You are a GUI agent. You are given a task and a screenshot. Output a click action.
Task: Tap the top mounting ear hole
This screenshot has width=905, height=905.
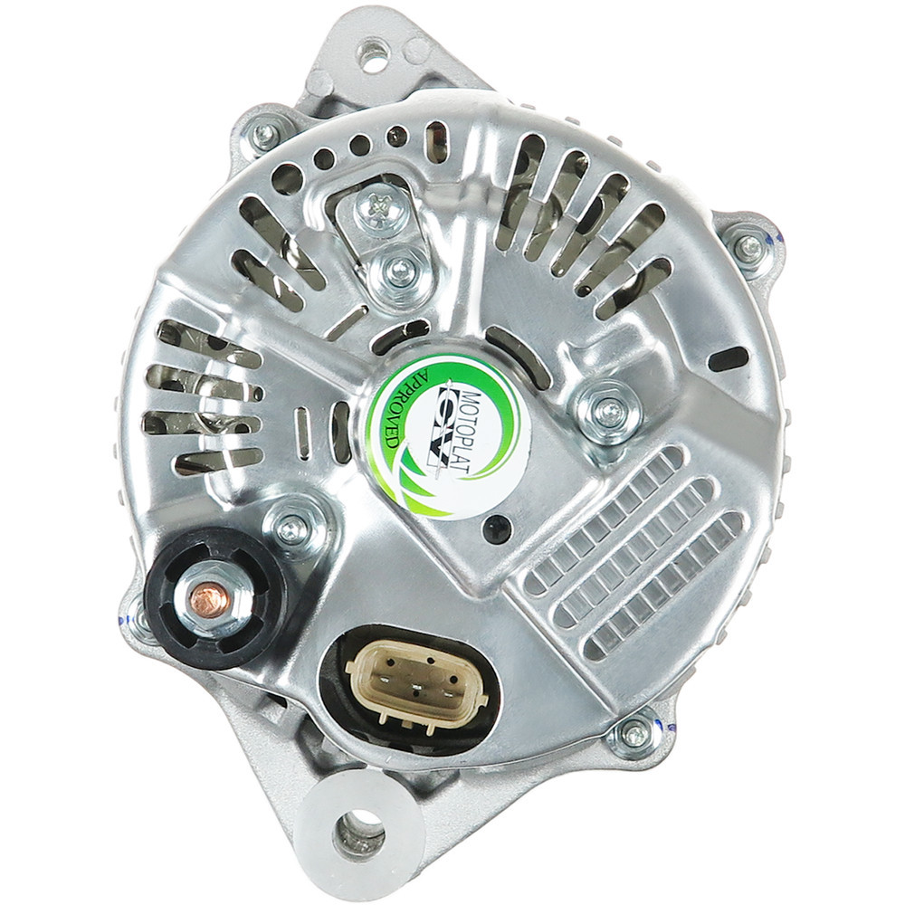[374, 55]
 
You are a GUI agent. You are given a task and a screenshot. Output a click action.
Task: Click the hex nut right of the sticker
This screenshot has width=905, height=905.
[609, 413]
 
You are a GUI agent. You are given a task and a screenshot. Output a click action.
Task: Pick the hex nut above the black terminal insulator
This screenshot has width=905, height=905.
[291, 528]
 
